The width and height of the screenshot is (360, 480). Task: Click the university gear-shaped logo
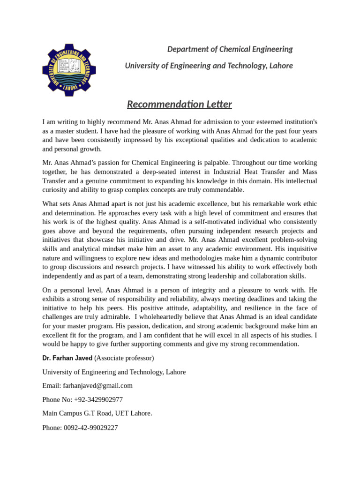(x=69, y=70)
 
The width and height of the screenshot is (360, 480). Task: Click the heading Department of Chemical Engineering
(x=230, y=49)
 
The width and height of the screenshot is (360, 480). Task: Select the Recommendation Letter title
(x=180, y=104)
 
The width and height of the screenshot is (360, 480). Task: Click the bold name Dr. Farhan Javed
(x=67, y=358)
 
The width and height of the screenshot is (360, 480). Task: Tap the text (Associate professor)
(x=124, y=358)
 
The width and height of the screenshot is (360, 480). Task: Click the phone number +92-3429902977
(x=98, y=399)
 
